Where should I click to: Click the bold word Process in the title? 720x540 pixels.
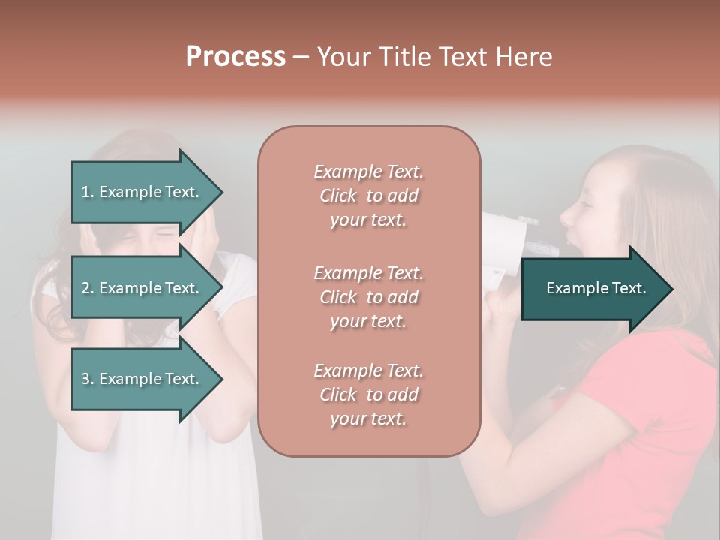click(x=235, y=57)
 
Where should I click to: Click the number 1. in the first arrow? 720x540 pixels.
click(x=88, y=192)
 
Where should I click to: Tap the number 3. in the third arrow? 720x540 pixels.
click(x=88, y=379)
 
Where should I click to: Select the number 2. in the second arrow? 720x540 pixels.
click(x=88, y=288)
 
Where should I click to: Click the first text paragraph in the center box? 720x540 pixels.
click(x=368, y=196)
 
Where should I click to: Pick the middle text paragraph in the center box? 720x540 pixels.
click(x=368, y=297)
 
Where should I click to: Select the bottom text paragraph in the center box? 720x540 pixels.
click(x=368, y=394)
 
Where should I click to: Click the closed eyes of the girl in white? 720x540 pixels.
click(x=154, y=234)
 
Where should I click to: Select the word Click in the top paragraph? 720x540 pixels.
click(x=338, y=196)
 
